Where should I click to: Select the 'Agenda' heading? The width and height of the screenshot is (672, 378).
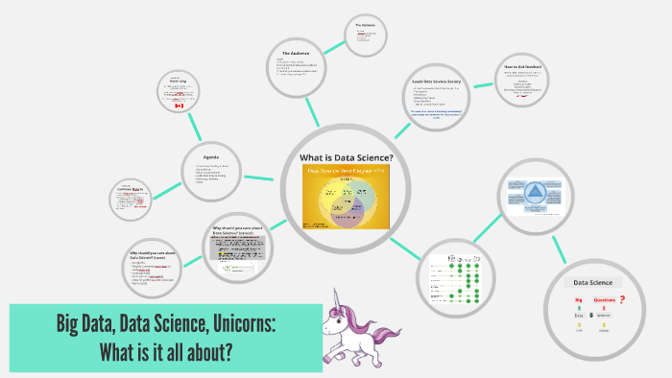pos(212,156)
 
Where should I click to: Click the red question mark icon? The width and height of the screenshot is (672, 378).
pos(622,299)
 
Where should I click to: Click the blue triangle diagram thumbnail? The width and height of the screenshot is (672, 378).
pos(536,195)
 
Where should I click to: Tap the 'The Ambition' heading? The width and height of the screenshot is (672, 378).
pos(365,24)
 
